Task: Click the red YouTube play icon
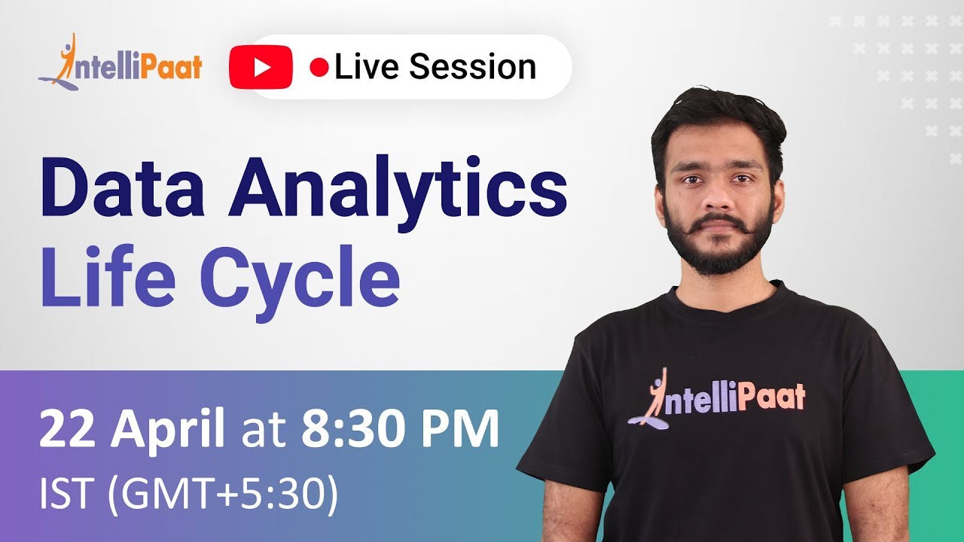pyautogui.click(x=261, y=68)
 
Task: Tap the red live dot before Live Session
pyautogui.click(x=319, y=68)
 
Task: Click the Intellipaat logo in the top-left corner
pyautogui.click(x=120, y=63)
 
